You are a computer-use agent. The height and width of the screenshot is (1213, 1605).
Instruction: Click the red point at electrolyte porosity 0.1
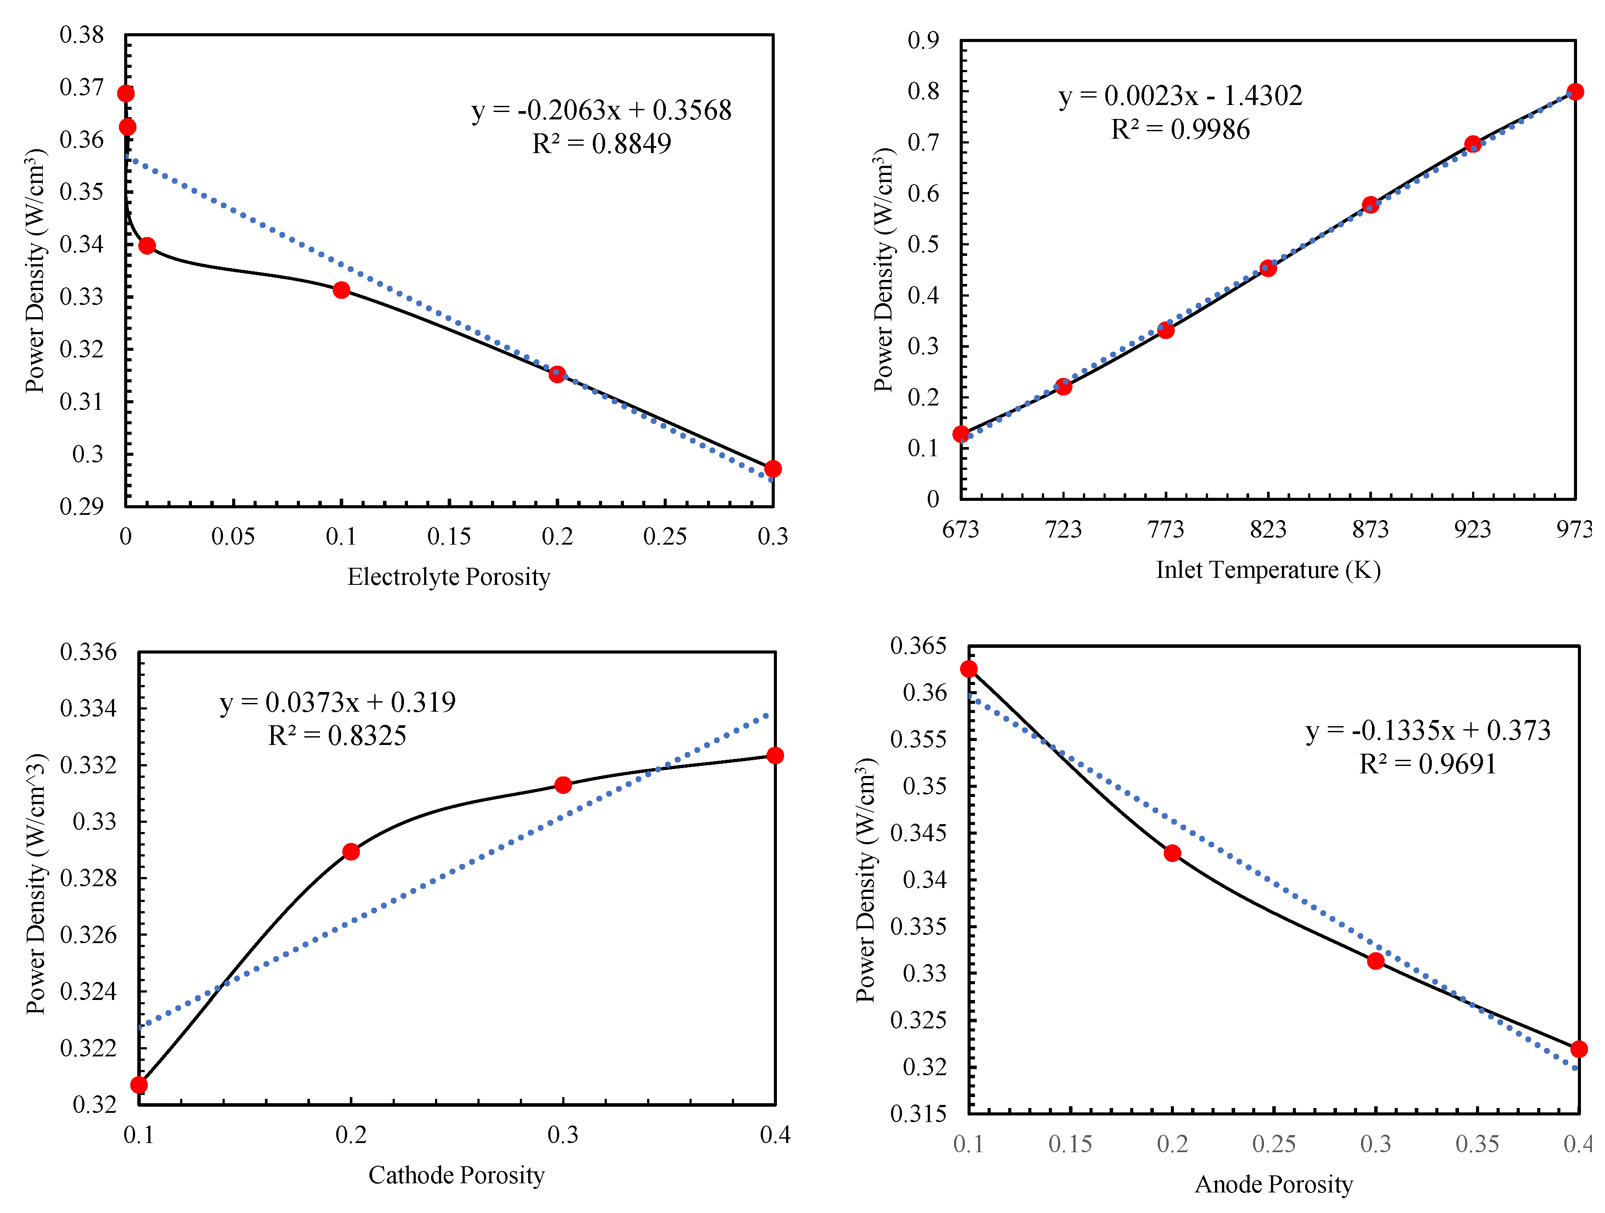point(341,290)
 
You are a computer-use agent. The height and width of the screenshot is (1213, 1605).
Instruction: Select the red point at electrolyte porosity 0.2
point(557,374)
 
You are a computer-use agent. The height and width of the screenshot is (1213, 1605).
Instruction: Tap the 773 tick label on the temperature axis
point(1165,529)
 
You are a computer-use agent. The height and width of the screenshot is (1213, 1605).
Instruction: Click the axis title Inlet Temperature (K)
point(1267,570)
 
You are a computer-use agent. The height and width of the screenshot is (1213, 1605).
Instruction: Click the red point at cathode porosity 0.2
point(351,852)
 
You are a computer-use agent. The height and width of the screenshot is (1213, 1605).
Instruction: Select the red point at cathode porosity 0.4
point(775,756)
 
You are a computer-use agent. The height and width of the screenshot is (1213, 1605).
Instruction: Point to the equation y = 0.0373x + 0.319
point(338,702)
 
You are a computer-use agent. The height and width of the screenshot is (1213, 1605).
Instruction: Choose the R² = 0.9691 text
point(1427,764)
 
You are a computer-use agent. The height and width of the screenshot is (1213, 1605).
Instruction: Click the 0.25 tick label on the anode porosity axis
point(1274,1144)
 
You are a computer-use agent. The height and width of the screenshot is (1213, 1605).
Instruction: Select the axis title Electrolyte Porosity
point(449,577)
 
